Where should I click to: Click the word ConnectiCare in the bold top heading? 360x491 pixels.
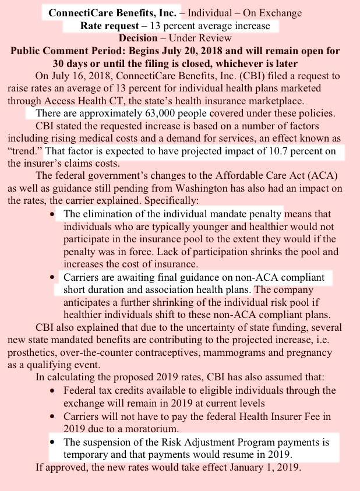coord(77,12)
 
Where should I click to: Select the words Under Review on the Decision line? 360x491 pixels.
coord(206,38)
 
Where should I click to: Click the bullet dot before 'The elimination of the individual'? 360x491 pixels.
coord(54,214)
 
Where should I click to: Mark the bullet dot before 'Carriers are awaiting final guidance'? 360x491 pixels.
coord(54,277)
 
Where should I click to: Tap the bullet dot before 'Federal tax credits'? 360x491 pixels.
coord(54,390)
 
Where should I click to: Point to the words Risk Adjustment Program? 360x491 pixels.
coord(206,441)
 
